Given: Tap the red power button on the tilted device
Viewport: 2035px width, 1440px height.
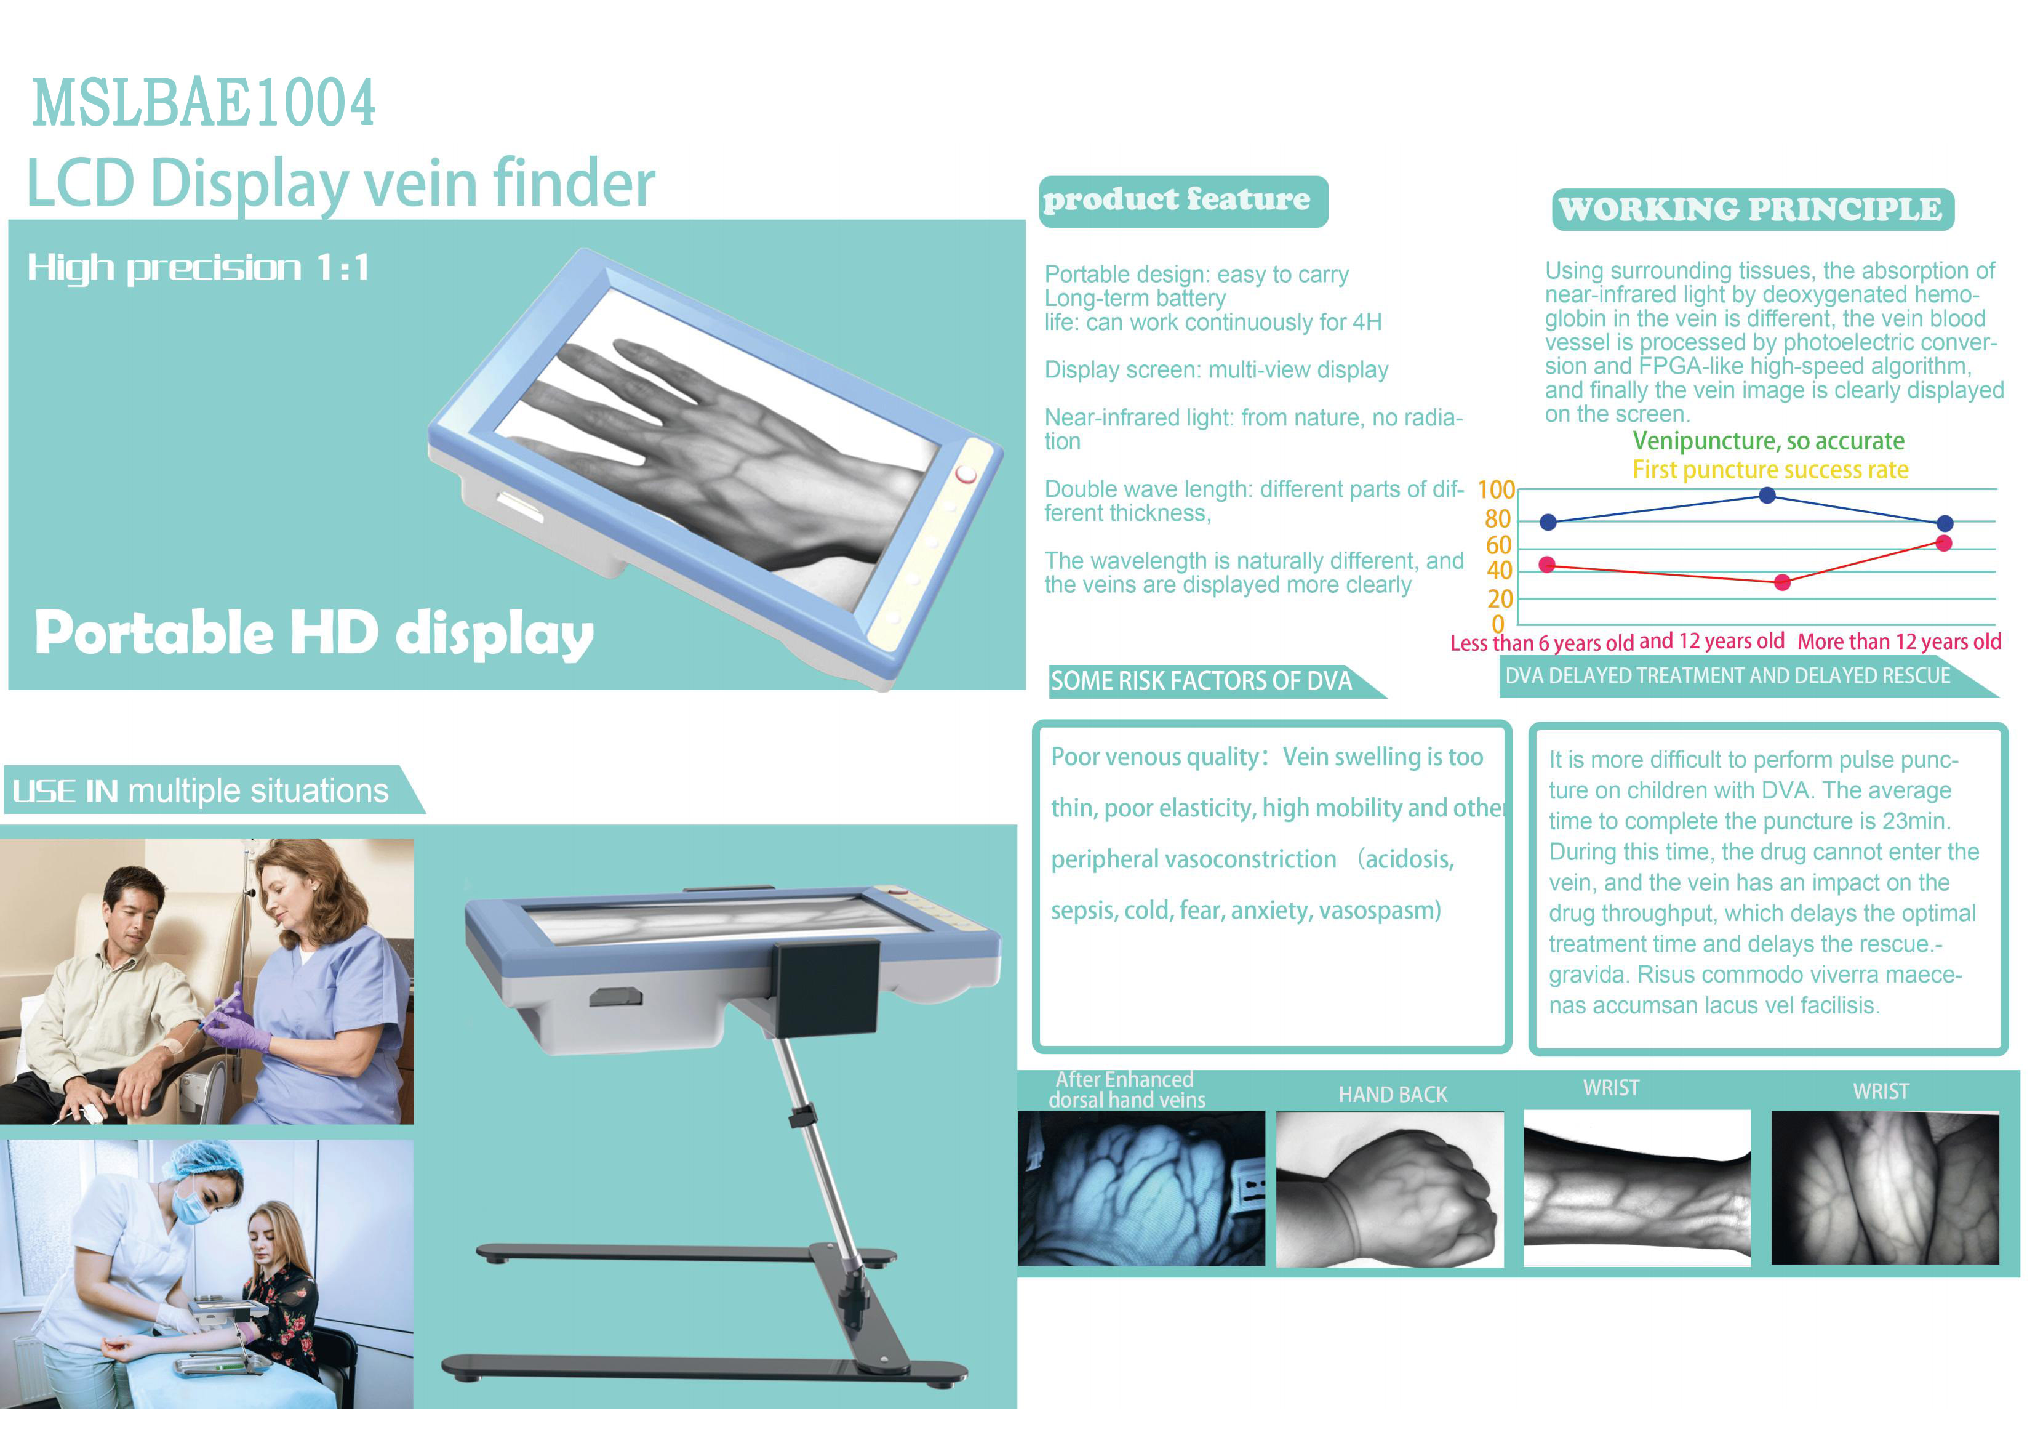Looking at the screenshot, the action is pyautogui.click(x=966, y=473).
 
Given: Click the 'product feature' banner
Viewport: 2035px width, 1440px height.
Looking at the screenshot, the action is pyautogui.click(x=1183, y=201).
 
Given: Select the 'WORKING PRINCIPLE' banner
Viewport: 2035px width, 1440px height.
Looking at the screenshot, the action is pyautogui.click(x=1753, y=209).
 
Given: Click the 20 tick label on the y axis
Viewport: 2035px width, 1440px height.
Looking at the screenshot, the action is pyautogui.click(x=1500, y=598).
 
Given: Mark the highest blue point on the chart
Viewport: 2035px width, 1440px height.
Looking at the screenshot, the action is pyautogui.click(x=1767, y=495).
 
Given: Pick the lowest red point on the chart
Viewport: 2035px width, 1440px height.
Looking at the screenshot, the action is pyautogui.click(x=1783, y=582).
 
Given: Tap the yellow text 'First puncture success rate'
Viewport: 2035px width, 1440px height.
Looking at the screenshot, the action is pyautogui.click(x=1770, y=470).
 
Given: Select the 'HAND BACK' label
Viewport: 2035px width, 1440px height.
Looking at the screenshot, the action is pyautogui.click(x=1393, y=1095).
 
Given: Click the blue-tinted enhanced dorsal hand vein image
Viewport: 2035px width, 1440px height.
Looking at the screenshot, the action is pyautogui.click(x=1141, y=1188).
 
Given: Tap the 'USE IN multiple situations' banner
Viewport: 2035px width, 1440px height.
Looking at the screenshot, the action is pyautogui.click(x=213, y=790).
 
